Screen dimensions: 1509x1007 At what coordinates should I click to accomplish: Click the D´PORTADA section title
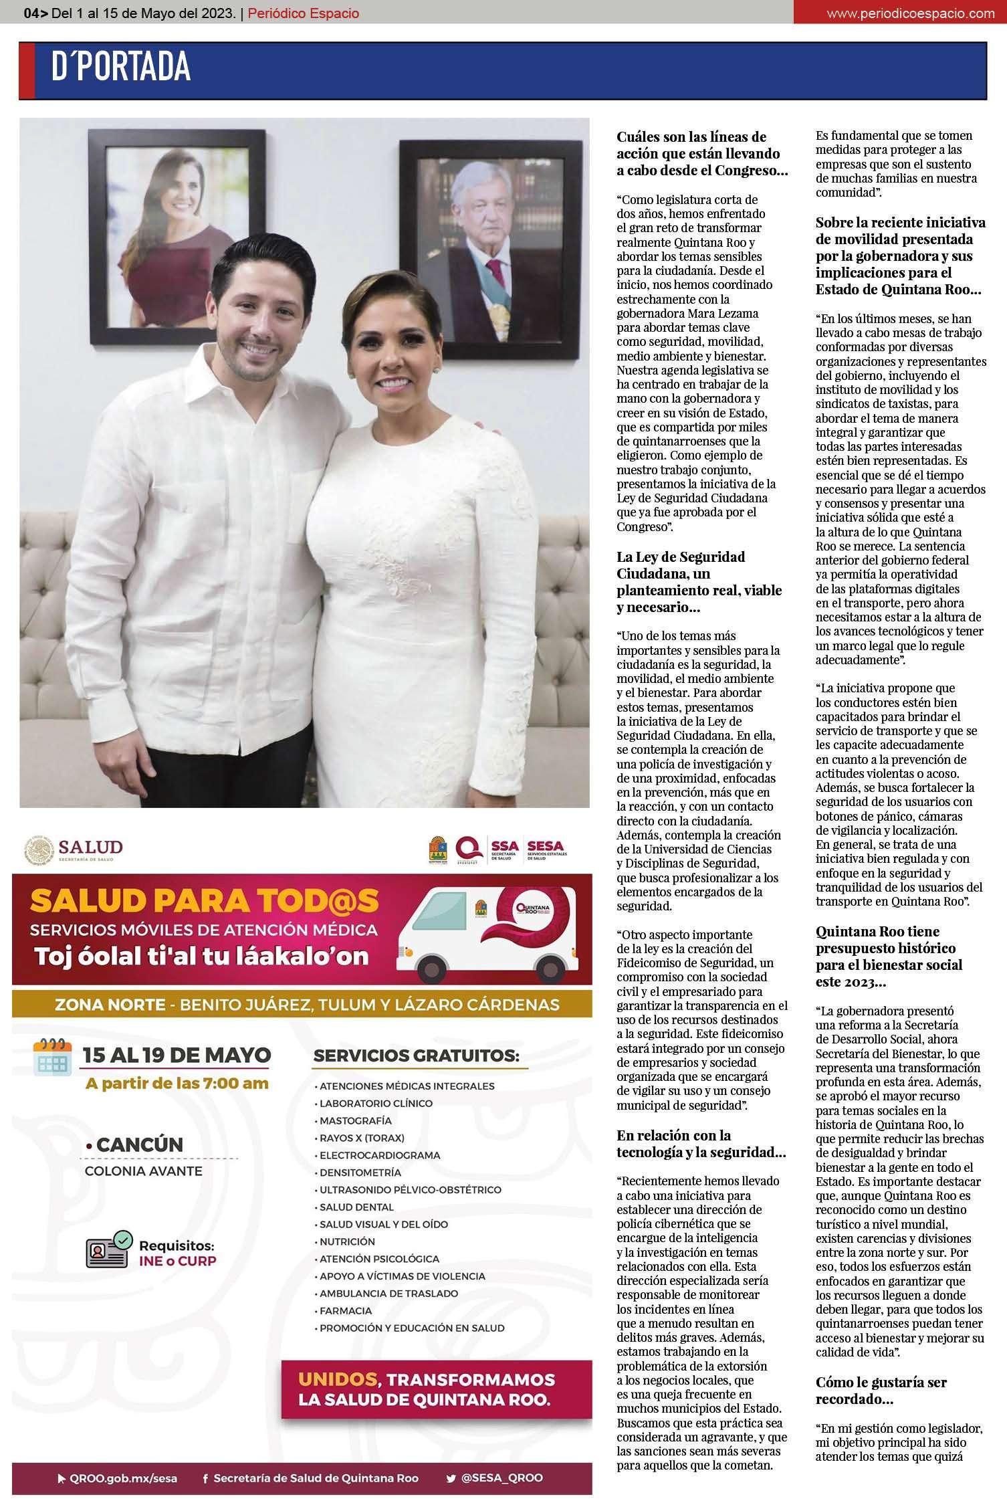pyautogui.click(x=121, y=68)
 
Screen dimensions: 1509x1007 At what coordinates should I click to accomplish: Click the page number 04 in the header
pyautogui.click(x=31, y=13)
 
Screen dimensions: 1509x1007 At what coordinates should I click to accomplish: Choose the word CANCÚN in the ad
pyautogui.click(x=139, y=1144)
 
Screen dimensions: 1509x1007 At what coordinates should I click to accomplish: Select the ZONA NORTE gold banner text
pyautogui.click(x=301, y=1005)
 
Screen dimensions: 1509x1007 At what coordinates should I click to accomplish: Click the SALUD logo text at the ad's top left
pyautogui.click(x=90, y=847)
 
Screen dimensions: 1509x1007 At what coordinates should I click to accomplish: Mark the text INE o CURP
pyautogui.click(x=177, y=1262)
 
